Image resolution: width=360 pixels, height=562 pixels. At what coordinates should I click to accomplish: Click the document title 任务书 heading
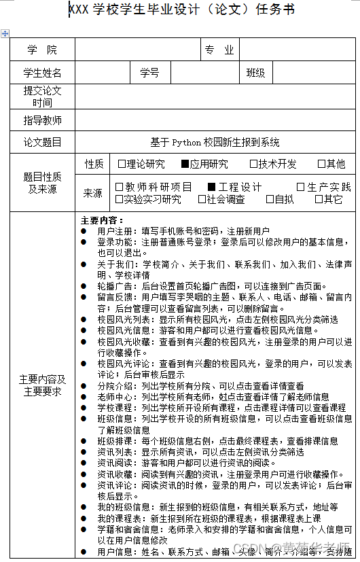181,10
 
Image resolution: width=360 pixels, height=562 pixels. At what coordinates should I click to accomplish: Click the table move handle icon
5,33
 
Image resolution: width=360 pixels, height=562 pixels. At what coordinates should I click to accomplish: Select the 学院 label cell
42,50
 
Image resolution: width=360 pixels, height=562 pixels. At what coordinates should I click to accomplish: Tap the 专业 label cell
219,50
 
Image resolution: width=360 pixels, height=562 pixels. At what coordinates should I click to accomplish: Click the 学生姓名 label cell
42,73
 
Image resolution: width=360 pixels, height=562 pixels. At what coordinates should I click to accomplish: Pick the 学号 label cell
149,73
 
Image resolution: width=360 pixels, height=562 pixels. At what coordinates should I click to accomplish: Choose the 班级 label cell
255,73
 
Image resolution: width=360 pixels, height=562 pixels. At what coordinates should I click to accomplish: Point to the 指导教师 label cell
42,120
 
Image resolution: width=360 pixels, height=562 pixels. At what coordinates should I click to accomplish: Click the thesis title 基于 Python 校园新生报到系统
215,143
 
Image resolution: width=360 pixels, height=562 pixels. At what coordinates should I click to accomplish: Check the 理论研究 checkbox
122,164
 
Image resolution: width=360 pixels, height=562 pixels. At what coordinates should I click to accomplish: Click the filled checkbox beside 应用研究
185,164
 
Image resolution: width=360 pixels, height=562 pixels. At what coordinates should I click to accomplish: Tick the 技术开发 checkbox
253,164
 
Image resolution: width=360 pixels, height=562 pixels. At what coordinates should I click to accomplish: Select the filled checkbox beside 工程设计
211,187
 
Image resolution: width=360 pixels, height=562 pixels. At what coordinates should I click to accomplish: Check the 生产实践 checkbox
301,187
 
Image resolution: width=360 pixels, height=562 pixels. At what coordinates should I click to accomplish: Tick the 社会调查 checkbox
202,199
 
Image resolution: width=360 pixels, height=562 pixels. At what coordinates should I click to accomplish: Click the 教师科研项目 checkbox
120,187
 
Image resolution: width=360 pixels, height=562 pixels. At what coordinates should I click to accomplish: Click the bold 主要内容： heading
102,220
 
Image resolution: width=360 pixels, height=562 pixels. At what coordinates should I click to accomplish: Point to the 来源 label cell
93,193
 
